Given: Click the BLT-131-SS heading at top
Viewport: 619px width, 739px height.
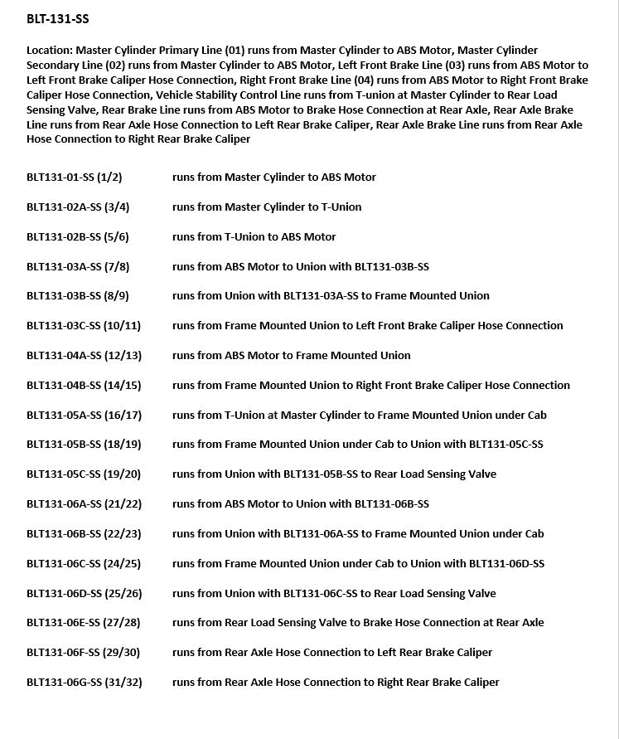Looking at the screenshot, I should pyautogui.click(x=58, y=19).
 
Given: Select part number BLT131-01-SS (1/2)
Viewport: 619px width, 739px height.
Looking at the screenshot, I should pyautogui.click(x=75, y=177).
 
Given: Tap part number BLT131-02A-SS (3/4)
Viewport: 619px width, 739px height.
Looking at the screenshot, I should pyautogui.click(x=78, y=207).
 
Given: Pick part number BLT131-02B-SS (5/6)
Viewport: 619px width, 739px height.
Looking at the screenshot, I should pyautogui.click(x=78, y=236).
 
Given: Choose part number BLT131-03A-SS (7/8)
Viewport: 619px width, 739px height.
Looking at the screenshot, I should pyautogui.click(x=78, y=266).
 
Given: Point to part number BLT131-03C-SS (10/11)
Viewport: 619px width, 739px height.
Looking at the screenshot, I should pyautogui.click(x=84, y=325).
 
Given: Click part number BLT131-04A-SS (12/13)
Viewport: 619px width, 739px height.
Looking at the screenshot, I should pyautogui.click(x=84, y=355).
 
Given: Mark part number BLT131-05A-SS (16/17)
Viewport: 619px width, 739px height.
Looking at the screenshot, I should pyautogui.click(x=84, y=415).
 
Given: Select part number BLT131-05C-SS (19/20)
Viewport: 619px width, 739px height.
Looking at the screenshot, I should pyautogui.click(x=84, y=474).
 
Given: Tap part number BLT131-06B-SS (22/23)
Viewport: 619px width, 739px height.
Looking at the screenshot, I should pyautogui.click(x=84, y=533).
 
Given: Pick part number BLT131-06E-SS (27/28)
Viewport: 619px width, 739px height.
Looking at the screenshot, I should pyautogui.click(x=84, y=622).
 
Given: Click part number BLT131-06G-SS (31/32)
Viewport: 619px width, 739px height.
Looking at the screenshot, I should pyautogui.click(x=84, y=682).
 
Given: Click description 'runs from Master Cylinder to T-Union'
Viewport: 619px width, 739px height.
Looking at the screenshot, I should pyautogui.click(x=267, y=207).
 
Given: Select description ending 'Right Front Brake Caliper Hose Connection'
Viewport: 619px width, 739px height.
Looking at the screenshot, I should pyautogui.click(x=371, y=385).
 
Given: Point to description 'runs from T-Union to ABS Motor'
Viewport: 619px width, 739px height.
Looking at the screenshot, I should pyautogui.click(x=254, y=236).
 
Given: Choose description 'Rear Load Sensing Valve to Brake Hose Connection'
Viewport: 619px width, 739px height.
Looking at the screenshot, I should pyautogui.click(x=358, y=622).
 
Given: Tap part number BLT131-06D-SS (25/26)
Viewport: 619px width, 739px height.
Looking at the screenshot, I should pyautogui.click(x=84, y=593).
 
